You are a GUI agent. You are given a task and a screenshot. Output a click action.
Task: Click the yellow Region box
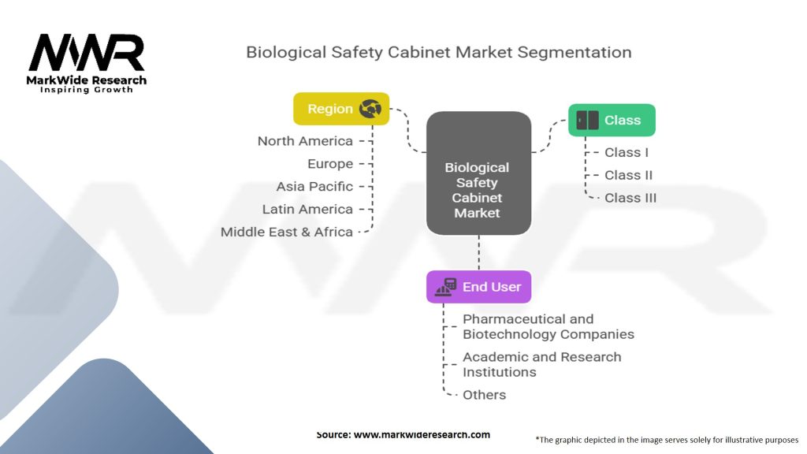pos(341,109)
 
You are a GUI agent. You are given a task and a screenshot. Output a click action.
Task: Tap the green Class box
pos(612,121)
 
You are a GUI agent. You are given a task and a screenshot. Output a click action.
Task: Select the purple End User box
pos(478,287)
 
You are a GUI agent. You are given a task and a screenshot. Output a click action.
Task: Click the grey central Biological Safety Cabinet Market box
pos(478,173)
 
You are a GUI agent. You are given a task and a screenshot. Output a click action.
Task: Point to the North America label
pos(305,141)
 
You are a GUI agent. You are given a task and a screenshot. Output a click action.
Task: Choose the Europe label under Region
pos(330,164)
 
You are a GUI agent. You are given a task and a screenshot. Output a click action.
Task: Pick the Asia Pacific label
pos(314,186)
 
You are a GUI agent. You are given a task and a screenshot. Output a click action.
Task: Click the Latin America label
pos(307,209)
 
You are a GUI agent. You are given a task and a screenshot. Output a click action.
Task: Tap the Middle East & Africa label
pos(287,233)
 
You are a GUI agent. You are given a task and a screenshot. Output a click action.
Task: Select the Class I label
pos(627,153)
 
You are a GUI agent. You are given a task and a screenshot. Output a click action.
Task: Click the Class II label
pos(628,176)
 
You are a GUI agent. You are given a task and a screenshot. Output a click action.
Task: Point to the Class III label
pos(630,198)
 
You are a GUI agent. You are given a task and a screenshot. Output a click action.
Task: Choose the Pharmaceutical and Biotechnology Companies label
pos(549,327)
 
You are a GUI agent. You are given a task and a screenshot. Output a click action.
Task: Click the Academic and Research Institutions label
pos(541,364)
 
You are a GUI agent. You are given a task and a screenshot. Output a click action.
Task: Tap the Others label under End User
pos(485,395)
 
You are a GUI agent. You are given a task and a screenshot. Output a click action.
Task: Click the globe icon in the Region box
pos(370,109)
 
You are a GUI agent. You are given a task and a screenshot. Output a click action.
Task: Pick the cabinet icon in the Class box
pos(587,121)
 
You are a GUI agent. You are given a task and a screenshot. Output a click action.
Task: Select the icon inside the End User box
pos(446,287)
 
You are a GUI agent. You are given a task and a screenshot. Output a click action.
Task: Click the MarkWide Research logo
pos(87,63)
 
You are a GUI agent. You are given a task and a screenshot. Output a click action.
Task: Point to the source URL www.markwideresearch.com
pos(422,435)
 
